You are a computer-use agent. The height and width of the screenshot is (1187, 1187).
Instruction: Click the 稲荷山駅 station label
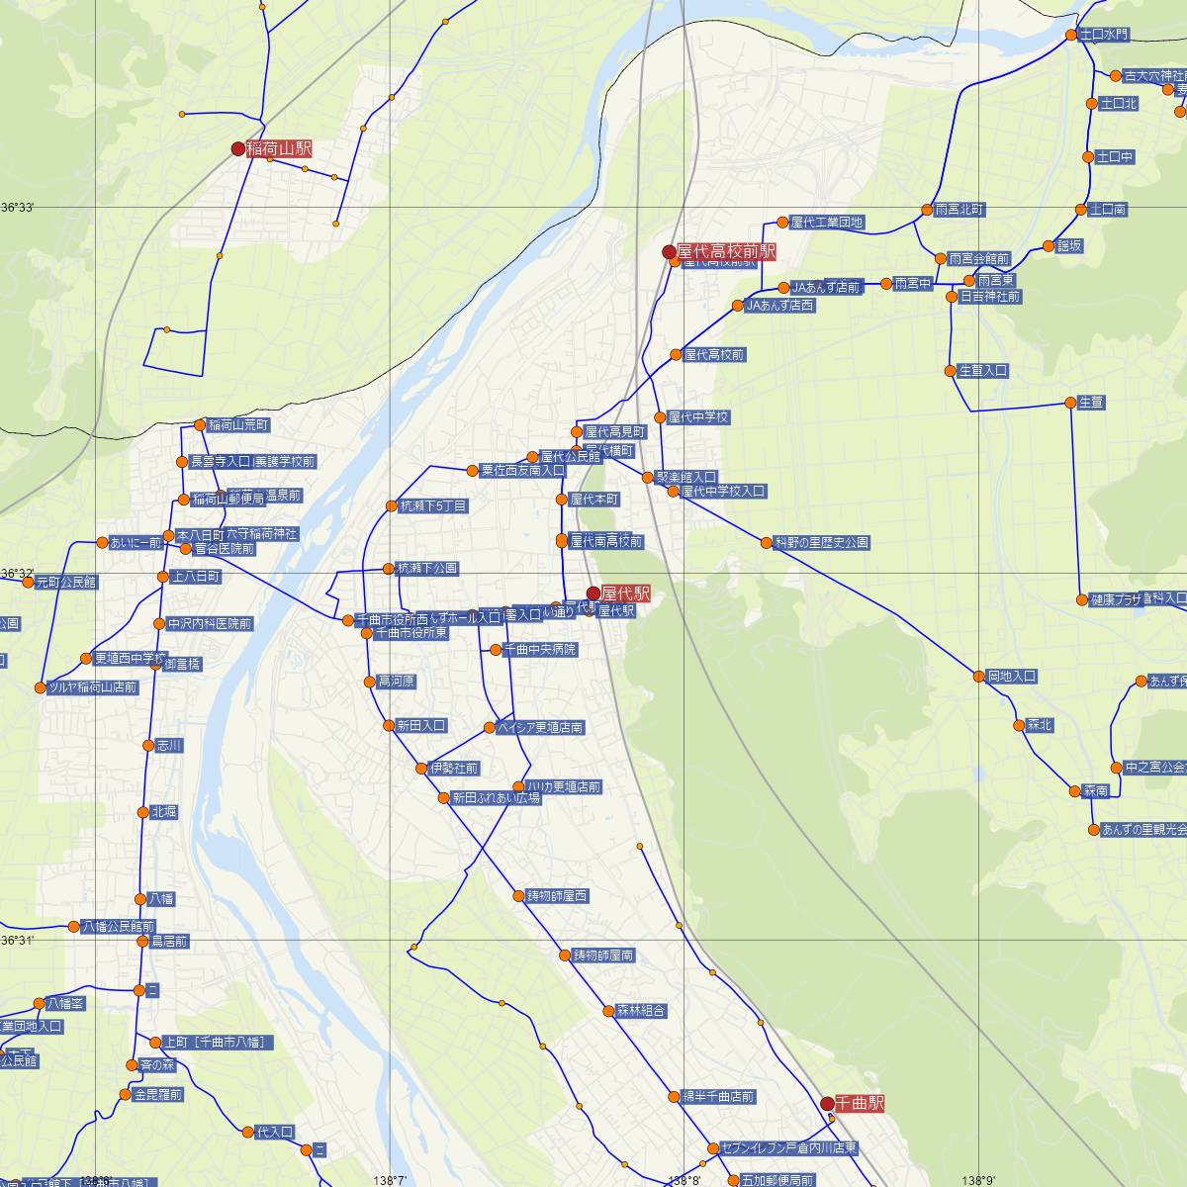pos(278,149)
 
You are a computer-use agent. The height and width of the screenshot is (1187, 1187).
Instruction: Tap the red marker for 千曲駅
pos(827,1103)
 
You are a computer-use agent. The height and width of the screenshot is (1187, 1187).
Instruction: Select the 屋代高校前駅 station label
pos(726,252)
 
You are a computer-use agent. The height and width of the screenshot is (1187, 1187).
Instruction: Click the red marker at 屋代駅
pos(593,593)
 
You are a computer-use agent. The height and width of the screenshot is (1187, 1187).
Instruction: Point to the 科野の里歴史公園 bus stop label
pos(822,542)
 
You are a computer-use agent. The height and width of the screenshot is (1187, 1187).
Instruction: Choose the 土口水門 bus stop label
pos(1104,35)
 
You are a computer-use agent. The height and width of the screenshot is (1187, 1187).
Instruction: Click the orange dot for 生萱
pos(1070,402)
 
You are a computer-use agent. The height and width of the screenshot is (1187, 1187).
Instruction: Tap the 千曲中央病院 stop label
pos(540,650)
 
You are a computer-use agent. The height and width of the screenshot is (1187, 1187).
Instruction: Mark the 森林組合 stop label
pos(642,1011)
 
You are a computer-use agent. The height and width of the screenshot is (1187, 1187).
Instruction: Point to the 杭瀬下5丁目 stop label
pos(432,505)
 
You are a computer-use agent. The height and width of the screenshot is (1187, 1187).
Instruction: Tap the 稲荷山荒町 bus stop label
pos(238,425)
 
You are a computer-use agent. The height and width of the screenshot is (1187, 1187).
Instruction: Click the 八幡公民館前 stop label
pos(118,927)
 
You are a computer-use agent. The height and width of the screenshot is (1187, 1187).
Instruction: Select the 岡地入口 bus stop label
pos(1011,677)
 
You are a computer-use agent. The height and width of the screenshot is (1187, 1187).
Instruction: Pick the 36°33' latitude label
pos(18,208)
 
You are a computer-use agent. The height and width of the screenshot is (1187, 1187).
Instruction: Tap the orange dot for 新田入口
pos(389,725)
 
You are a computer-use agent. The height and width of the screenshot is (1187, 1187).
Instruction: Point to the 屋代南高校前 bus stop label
pos(605,541)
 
